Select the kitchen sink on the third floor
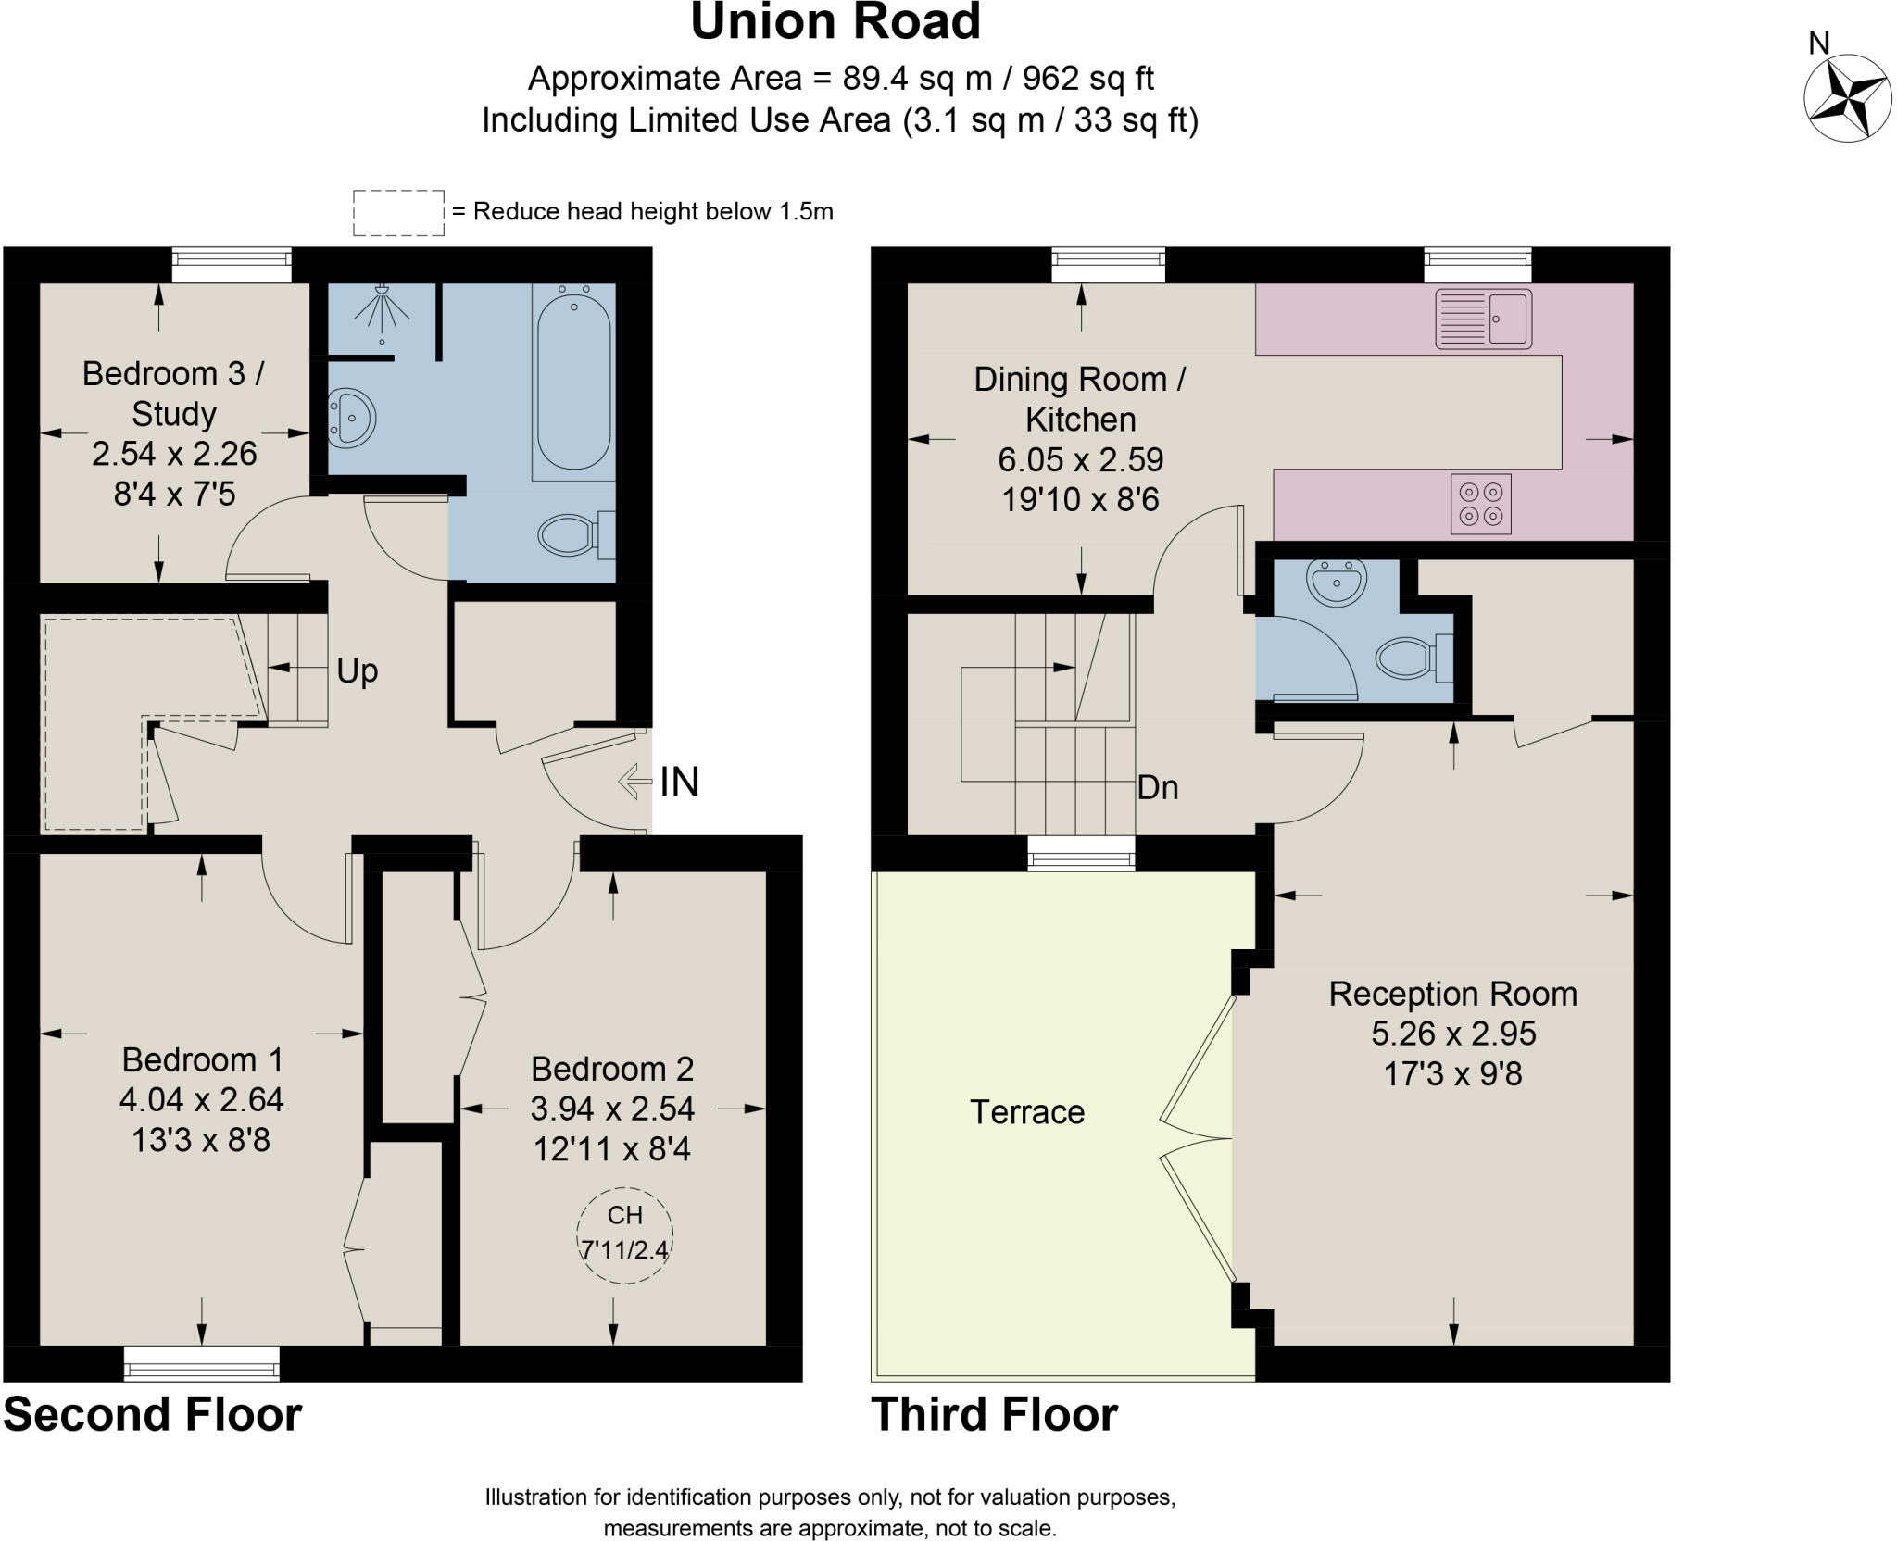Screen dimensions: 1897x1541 1483,319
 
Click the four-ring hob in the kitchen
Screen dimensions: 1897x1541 1480,504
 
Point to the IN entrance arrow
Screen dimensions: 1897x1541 634,781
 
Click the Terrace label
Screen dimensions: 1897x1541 1026,1111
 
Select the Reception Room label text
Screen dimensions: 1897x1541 1452,994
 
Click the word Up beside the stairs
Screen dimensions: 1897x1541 357,670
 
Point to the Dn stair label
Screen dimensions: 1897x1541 1157,787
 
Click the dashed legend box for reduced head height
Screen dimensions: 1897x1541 398,213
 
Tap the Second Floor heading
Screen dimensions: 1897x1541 153,1415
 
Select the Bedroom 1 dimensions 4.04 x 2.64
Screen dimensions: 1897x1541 201,1099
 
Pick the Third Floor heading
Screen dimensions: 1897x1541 994,1415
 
